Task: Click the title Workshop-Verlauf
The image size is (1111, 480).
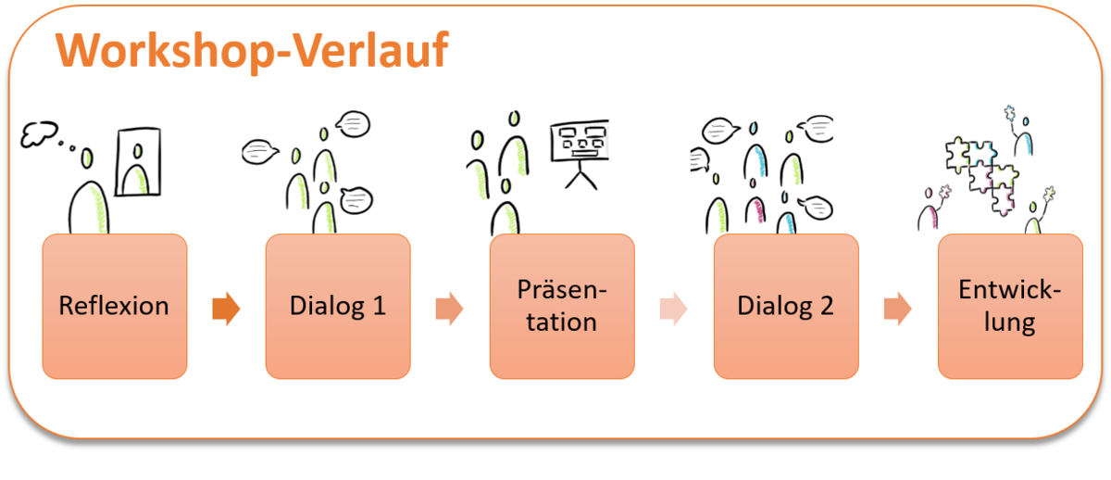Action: click(252, 51)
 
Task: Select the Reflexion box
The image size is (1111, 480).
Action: click(115, 307)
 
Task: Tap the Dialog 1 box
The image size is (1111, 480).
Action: click(338, 307)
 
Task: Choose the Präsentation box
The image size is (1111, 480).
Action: click(562, 307)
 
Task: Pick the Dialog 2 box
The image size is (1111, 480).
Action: click(786, 307)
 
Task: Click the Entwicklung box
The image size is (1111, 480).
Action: click(1010, 307)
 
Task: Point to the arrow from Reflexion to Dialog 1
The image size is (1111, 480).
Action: click(226, 309)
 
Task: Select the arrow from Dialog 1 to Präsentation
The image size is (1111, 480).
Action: click(449, 309)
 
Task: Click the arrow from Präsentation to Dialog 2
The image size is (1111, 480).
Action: click(674, 309)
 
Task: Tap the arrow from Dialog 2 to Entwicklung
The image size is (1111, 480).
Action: click(898, 309)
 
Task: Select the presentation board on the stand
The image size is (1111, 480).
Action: click(580, 141)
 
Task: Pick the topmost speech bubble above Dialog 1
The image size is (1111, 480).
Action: click(353, 124)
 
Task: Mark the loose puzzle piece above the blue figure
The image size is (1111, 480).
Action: click(1010, 114)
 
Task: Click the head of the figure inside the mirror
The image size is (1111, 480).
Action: click(138, 151)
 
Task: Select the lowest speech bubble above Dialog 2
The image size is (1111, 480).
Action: click(816, 208)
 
